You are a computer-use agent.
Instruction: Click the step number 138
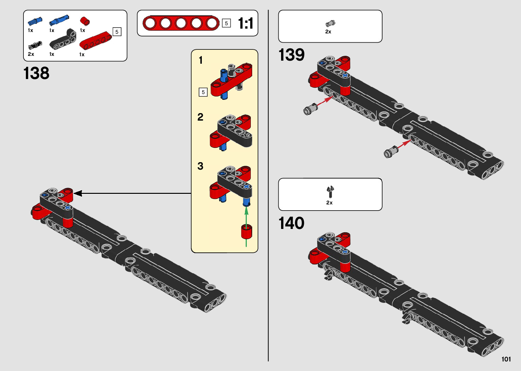36,73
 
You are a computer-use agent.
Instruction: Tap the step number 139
291,55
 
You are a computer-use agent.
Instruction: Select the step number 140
291,223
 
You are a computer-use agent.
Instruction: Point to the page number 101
506,359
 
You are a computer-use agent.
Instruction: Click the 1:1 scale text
245,24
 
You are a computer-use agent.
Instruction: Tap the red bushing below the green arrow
246,231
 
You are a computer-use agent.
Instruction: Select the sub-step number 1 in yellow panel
201,60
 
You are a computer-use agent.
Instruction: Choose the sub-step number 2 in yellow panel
200,117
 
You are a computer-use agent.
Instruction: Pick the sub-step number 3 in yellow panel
200,166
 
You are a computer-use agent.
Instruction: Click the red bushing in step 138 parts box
85,21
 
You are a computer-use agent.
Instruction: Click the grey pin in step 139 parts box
330,24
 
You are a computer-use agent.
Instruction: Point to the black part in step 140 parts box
330,191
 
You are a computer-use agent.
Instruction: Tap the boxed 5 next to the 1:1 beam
226,24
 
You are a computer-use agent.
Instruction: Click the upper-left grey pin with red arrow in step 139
310,109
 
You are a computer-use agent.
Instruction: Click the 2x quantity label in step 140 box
329,203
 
